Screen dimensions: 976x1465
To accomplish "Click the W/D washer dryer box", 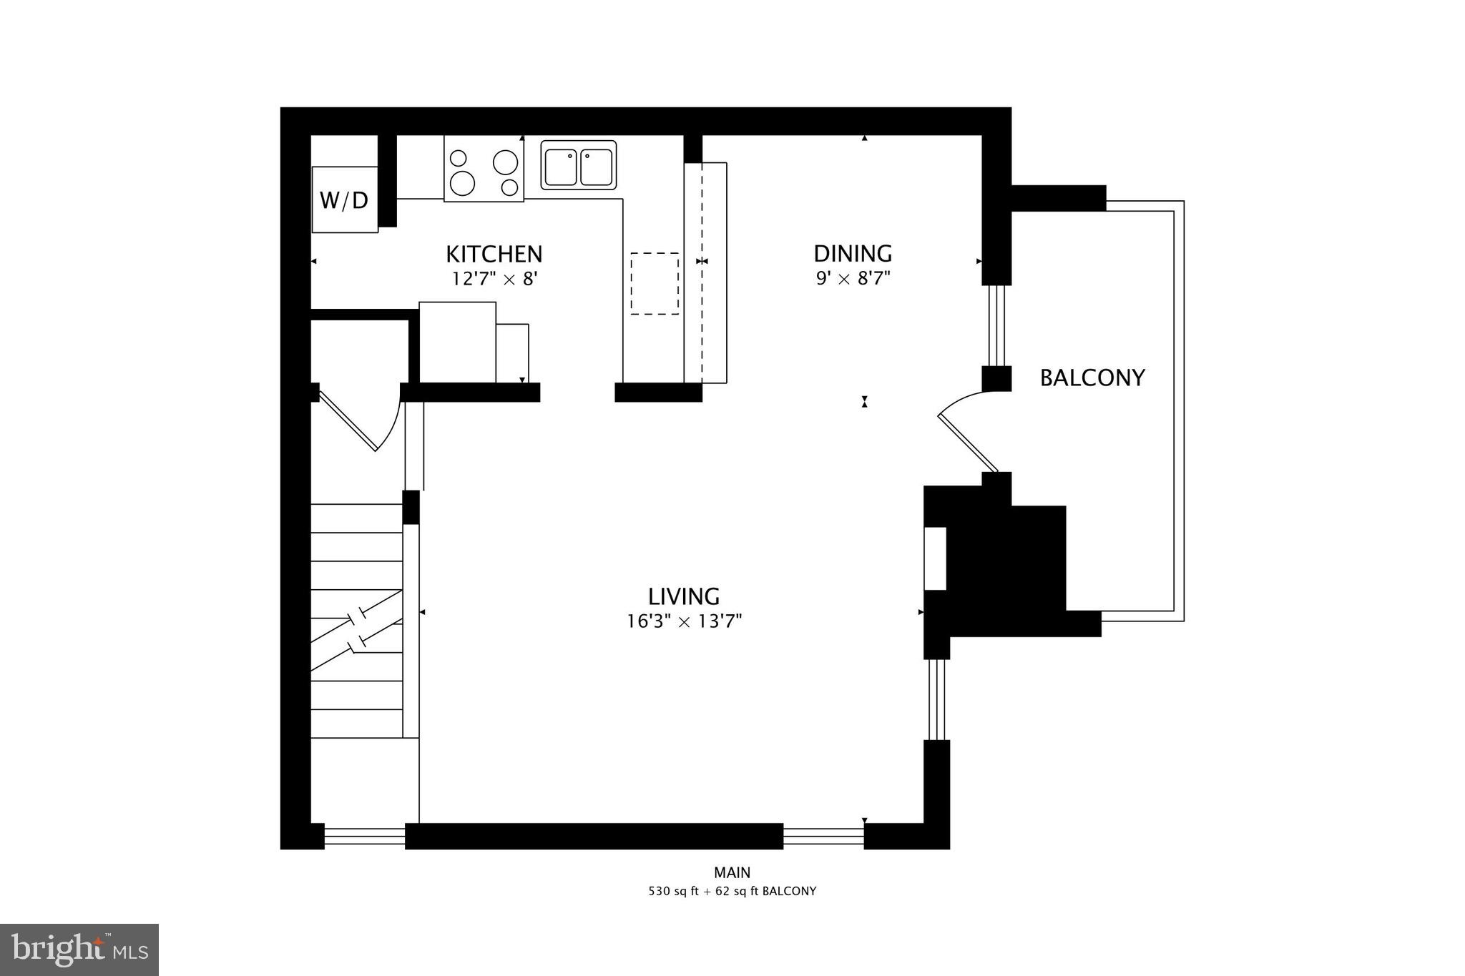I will click(x=344, y=199).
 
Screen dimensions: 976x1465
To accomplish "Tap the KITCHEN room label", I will click(x=494, y=254).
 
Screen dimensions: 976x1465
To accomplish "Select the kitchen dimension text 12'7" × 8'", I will click(x=494, y=278).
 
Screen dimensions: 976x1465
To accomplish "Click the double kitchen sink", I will click(x=578, y=165).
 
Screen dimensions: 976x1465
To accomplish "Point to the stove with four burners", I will click(x=484, y=169).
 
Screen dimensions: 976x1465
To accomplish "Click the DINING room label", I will click(x=853, y=253).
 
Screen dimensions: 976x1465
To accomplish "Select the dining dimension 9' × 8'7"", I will click(x=853, y=277).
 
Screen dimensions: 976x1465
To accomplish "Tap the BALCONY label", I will click(x=1092, y=378).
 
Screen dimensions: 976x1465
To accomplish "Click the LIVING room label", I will click(x=684, y=596).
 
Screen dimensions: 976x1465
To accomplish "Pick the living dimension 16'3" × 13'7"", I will click(x=684, y=621).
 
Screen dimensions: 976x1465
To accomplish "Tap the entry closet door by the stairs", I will click(x=351, y=422).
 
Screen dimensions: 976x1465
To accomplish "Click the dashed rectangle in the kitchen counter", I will click(x=655, y=283).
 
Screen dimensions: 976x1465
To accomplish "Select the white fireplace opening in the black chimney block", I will click(x=935, y=558).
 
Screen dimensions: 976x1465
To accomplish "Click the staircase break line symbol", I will click(x=356, y=629).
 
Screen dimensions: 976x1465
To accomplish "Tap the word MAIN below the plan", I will click(x=732, y=872).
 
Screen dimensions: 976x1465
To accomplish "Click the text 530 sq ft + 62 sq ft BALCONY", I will click(x=732, y=892).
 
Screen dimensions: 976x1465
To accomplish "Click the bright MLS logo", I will click(x=79, y=950).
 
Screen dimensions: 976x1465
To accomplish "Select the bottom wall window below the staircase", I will click(x=365, y=836).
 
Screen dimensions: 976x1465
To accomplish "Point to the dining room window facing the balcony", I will click(x=996, y=325).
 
